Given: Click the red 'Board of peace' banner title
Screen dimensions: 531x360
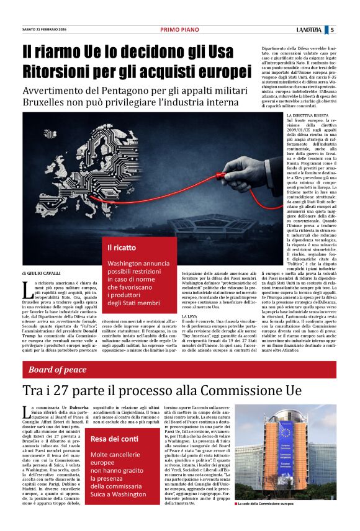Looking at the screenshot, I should (x=58, y=370).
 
